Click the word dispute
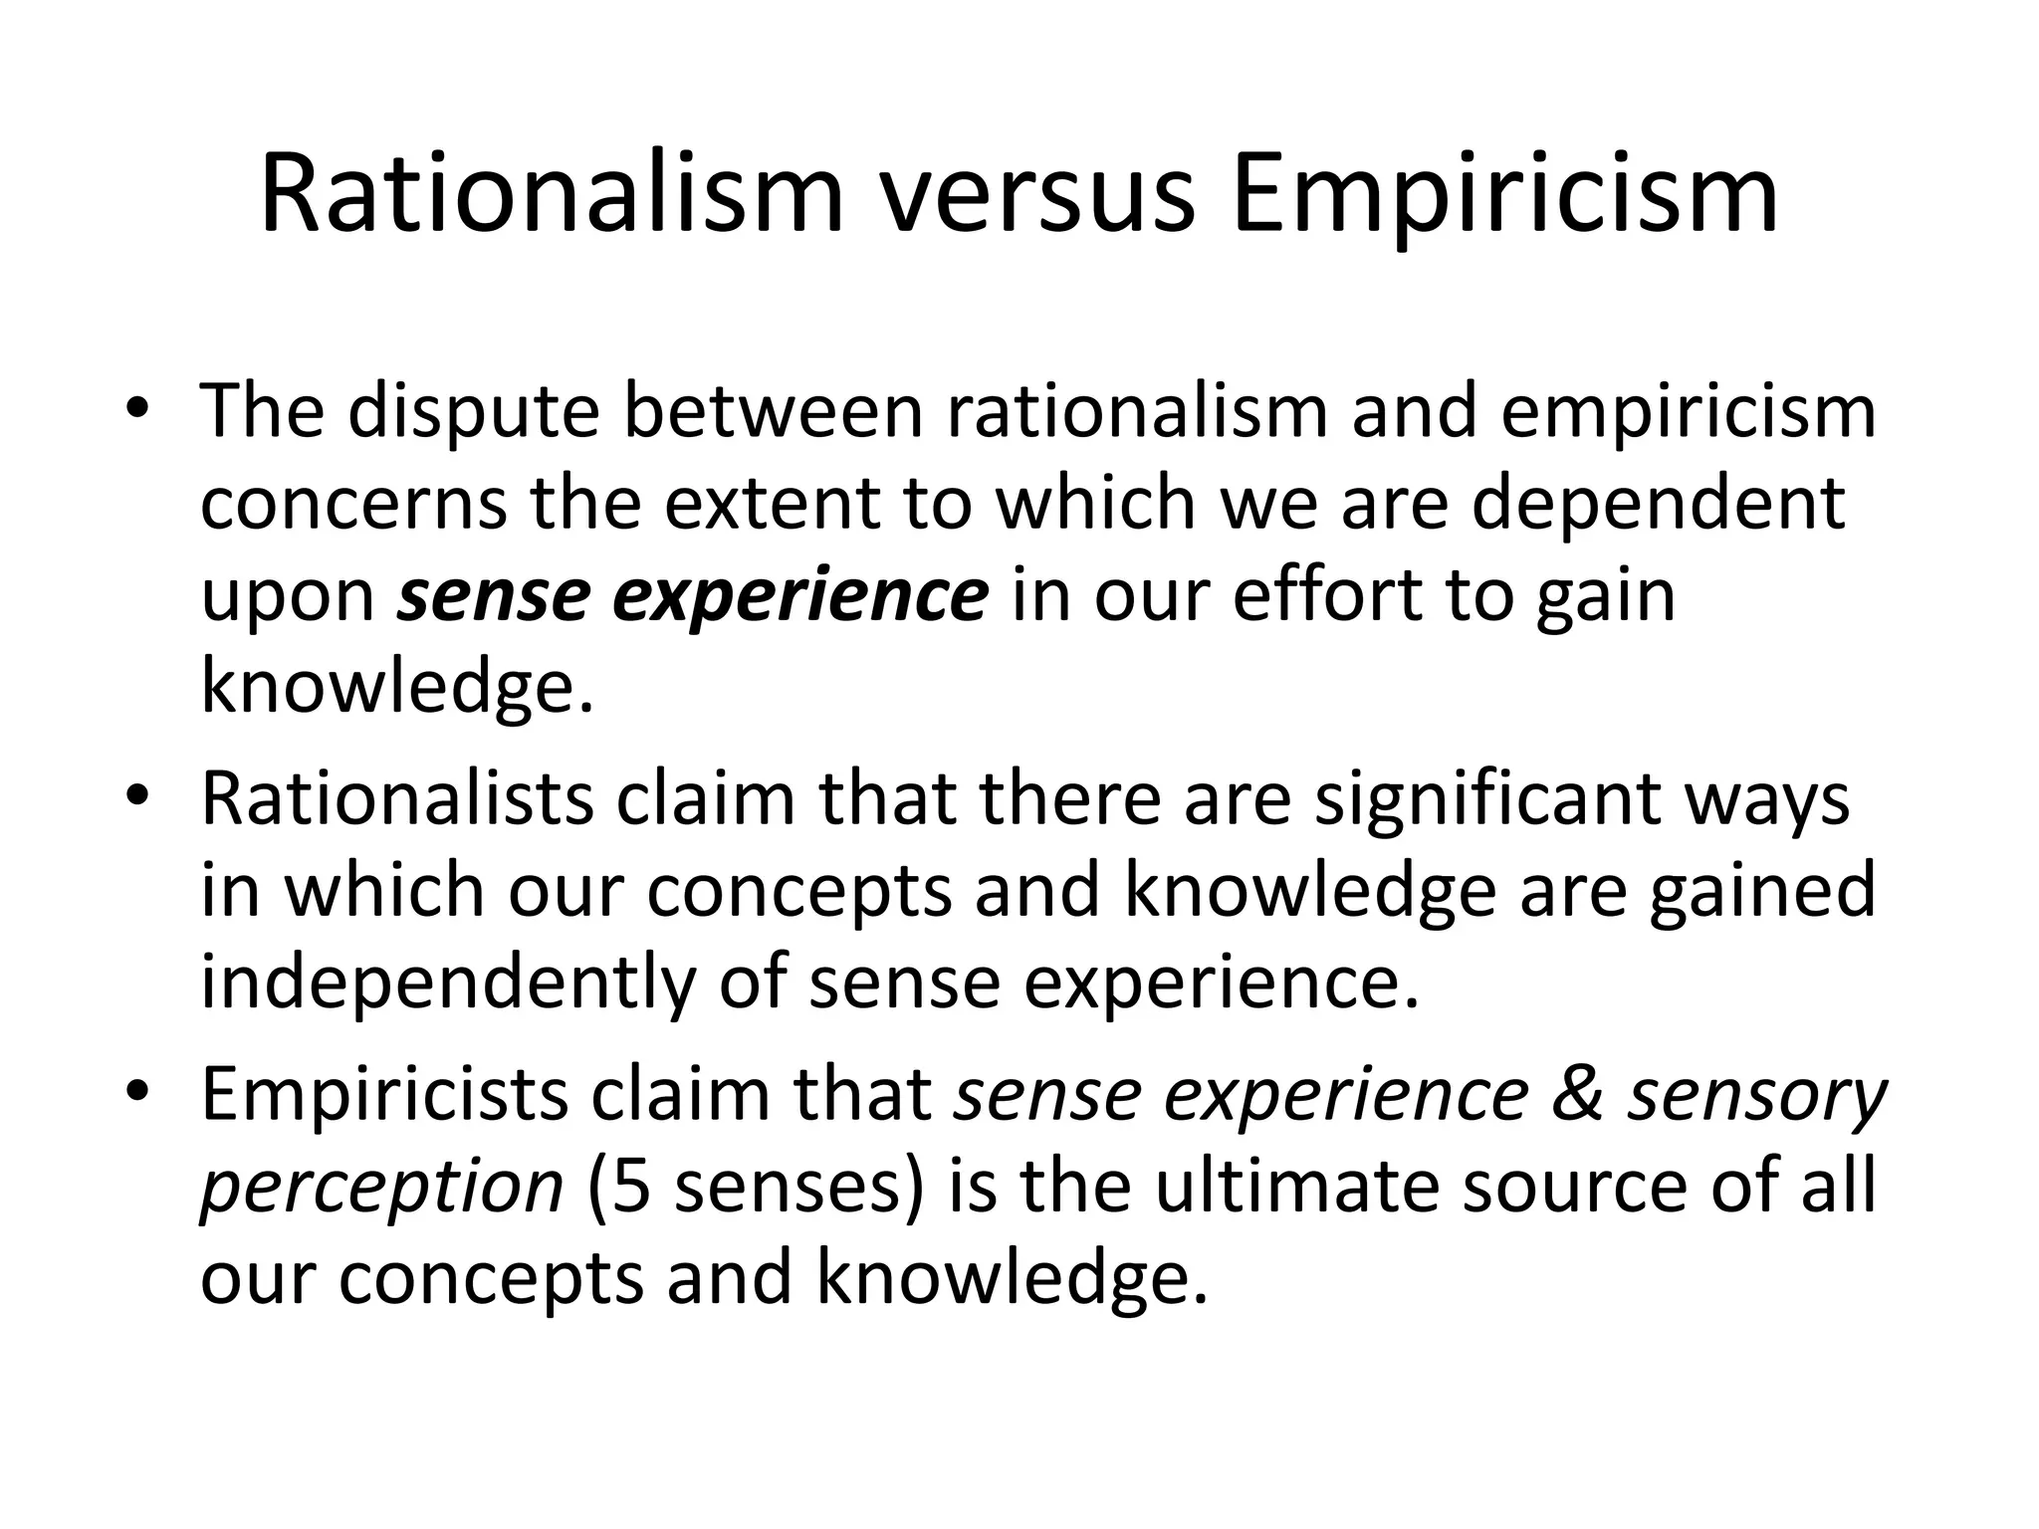(x=474, y=413)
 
